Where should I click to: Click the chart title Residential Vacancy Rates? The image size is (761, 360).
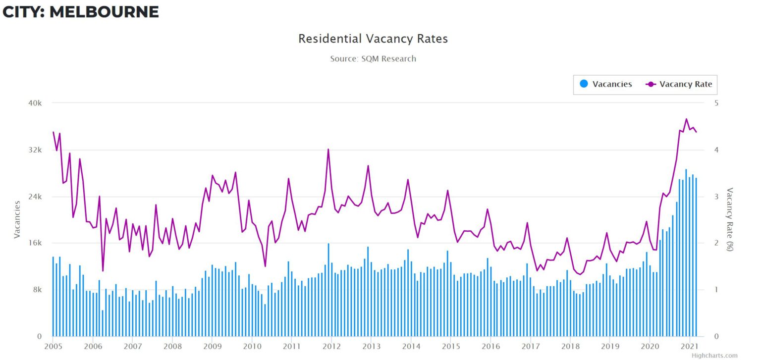pos(373,39)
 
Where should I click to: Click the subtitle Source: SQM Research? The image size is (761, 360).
pos(373,58)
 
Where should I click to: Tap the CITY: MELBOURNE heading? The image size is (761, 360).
pos(81,12)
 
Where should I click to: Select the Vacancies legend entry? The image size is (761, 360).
pos(606,84)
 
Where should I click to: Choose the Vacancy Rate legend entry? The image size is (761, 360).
pos(679,84)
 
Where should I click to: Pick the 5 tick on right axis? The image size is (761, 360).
pos(716,103)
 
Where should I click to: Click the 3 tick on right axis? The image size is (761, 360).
pos(716,197)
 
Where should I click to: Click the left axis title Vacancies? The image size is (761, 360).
pos(17,219)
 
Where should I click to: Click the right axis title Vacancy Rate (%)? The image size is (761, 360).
pos(729,219)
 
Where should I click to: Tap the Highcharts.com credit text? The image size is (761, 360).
pos(714,356)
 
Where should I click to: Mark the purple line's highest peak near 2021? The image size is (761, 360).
pos(686,119)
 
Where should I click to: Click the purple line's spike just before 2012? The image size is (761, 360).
pos(328,149)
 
